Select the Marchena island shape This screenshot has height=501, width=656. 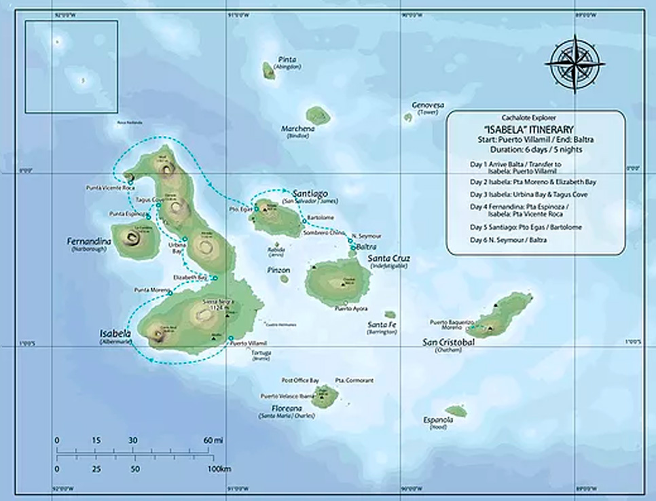click(x=317, y=115)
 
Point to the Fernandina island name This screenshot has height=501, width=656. click(x=88, y=242)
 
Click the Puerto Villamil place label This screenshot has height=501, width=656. click(x=248, y=343)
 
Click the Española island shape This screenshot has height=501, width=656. click(x=456, y=411)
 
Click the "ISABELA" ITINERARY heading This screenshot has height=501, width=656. click(x=535, y=129)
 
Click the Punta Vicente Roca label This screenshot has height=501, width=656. click(x=106, y=188)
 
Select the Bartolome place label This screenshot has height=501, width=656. click(x=321, y=218)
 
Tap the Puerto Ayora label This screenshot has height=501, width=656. click(x=352, y=309)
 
